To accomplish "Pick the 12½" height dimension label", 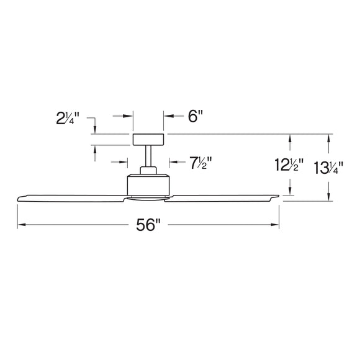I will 289,166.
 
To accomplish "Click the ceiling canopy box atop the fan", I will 148,140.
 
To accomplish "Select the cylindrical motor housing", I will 148,184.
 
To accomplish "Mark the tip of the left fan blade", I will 19,198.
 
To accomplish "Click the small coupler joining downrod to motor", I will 148,171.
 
